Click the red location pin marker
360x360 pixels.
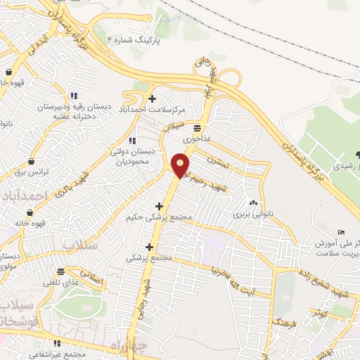[x=181, y=165]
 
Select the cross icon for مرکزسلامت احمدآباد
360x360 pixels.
[x=153, y=98]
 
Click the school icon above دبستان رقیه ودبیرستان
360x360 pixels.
[x=73, y=96]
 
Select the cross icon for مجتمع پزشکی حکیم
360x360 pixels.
[x=160, y=206]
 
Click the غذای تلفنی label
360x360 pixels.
[x=61, y=282]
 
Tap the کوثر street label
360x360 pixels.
[x=321, y=311]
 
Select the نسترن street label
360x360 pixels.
[x=219, y=162]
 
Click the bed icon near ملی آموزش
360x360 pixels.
[x=341, y=233]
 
